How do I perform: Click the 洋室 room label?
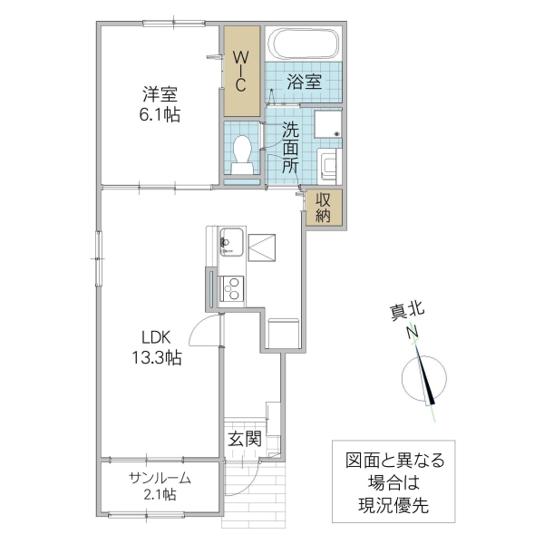pos(159,93)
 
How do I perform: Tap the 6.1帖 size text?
pos(159,115)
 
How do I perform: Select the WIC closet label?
pos(242,71)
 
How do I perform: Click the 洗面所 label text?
pos(290,147)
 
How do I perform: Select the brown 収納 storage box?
pos(324,208)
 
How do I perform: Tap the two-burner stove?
pos(233,289)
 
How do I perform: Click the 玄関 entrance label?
pos(245,440)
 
